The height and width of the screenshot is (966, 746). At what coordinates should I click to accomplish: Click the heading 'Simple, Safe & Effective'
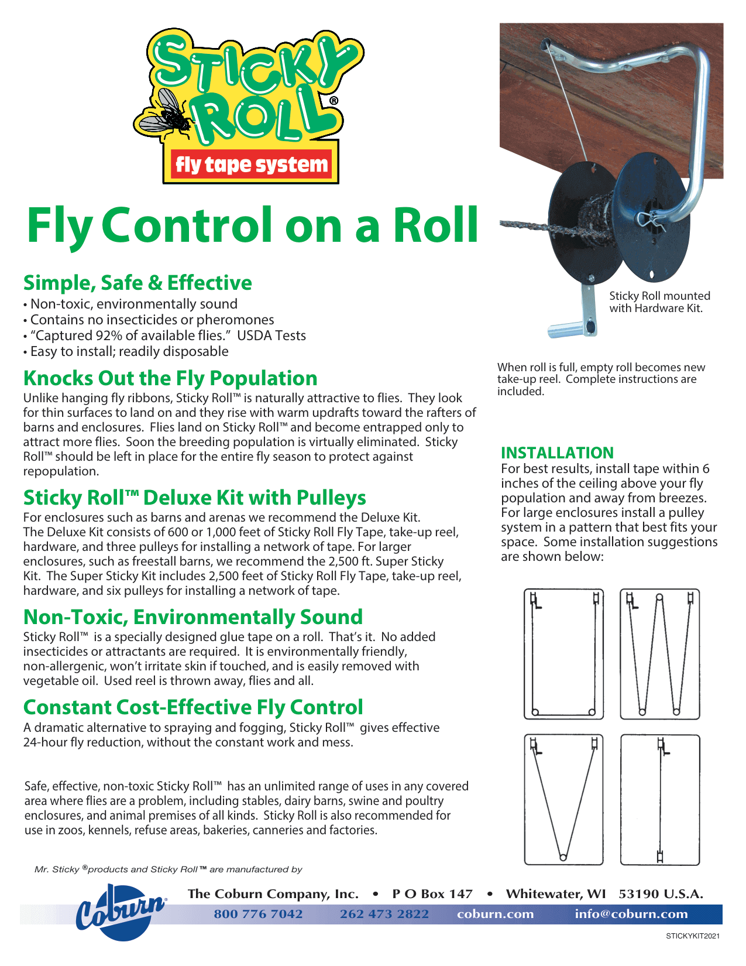[137, 283]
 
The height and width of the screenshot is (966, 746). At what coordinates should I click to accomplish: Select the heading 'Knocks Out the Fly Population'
[170, 378]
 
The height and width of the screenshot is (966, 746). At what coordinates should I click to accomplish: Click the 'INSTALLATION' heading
[557, 453]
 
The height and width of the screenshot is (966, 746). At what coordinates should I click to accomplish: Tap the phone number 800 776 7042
[258, 914]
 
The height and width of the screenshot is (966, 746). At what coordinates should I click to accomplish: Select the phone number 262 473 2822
[384, 914]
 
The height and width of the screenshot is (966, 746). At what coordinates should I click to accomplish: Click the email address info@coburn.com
[631, 914]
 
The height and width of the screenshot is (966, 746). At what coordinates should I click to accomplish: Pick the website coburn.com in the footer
[495, 914]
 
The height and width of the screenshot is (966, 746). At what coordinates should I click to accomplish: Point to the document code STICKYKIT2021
[693, 936]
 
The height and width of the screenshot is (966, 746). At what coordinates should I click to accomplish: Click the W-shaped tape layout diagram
[659, 654]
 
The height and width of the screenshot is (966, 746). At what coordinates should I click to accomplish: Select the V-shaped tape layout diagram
[563, 800]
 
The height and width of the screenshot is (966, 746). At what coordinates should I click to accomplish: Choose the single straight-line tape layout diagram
[660, 800]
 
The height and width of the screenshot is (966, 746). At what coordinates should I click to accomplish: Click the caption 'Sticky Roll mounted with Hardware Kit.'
[659, 302]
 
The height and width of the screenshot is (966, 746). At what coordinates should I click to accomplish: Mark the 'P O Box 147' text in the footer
[432, 894]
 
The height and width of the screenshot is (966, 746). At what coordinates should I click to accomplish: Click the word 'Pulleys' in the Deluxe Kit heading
[331, 498]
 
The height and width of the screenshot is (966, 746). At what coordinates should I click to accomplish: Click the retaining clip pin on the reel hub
[651, 221]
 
